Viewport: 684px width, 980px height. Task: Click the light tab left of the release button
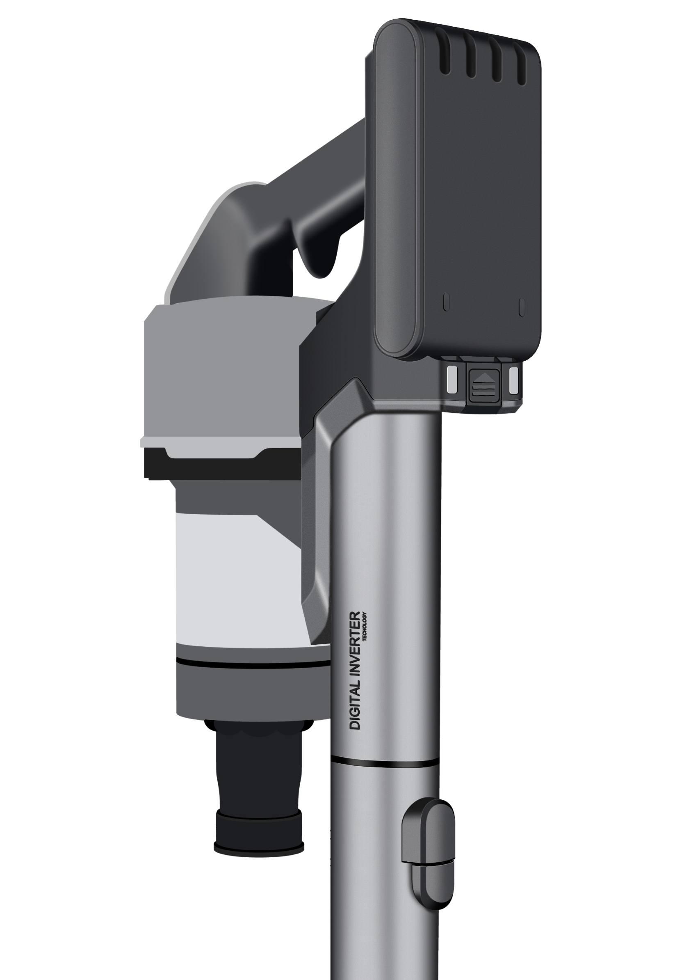pos(451,379)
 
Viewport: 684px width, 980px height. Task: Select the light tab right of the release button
pos(514,379)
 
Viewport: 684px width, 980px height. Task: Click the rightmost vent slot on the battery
pos(522,63)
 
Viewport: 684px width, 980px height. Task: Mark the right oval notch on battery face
pos(521,307)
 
